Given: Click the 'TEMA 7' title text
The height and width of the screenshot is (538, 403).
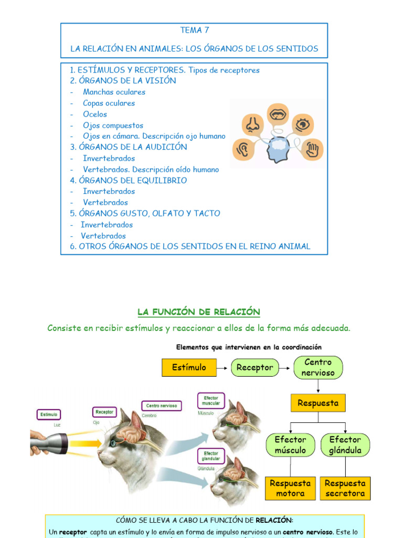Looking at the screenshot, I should [x=194, y=30].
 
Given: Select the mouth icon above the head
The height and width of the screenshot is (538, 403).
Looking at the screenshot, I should [x=277, y=113].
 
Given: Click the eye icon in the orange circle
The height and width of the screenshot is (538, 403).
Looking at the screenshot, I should [x=302, y=125].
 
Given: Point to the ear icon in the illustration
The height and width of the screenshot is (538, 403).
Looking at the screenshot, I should [x=243, y=149].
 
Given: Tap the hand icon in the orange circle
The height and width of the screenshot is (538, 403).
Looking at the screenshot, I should [x=313, y=149].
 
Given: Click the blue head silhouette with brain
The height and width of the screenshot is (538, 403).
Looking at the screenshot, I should [x=278, y=148].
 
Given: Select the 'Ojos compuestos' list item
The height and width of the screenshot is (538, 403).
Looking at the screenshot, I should [x=113, y=125].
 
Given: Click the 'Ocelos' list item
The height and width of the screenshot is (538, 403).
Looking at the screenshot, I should [x=95, y=114].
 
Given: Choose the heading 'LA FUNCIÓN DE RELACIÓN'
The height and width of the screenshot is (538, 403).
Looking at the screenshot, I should [x=199, y=312].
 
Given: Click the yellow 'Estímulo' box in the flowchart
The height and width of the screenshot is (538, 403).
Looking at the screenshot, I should [x=189, y=367].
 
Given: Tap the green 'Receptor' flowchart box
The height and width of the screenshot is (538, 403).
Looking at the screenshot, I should [x=254, y=368].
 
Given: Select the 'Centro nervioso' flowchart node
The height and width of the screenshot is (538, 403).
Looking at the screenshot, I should [x=318, y=367].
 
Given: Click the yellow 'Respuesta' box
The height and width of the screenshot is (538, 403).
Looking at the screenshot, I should [x=318, y=403].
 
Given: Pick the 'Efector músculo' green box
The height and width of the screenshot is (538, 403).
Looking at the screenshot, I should [x=290, y=445].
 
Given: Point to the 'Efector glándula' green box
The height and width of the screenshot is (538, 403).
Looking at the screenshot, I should [x=345, y=445].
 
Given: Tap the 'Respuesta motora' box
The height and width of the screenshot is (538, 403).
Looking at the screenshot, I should [x=290, y=488].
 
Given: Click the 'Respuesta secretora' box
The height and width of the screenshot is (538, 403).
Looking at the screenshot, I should [x=345, y=488].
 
